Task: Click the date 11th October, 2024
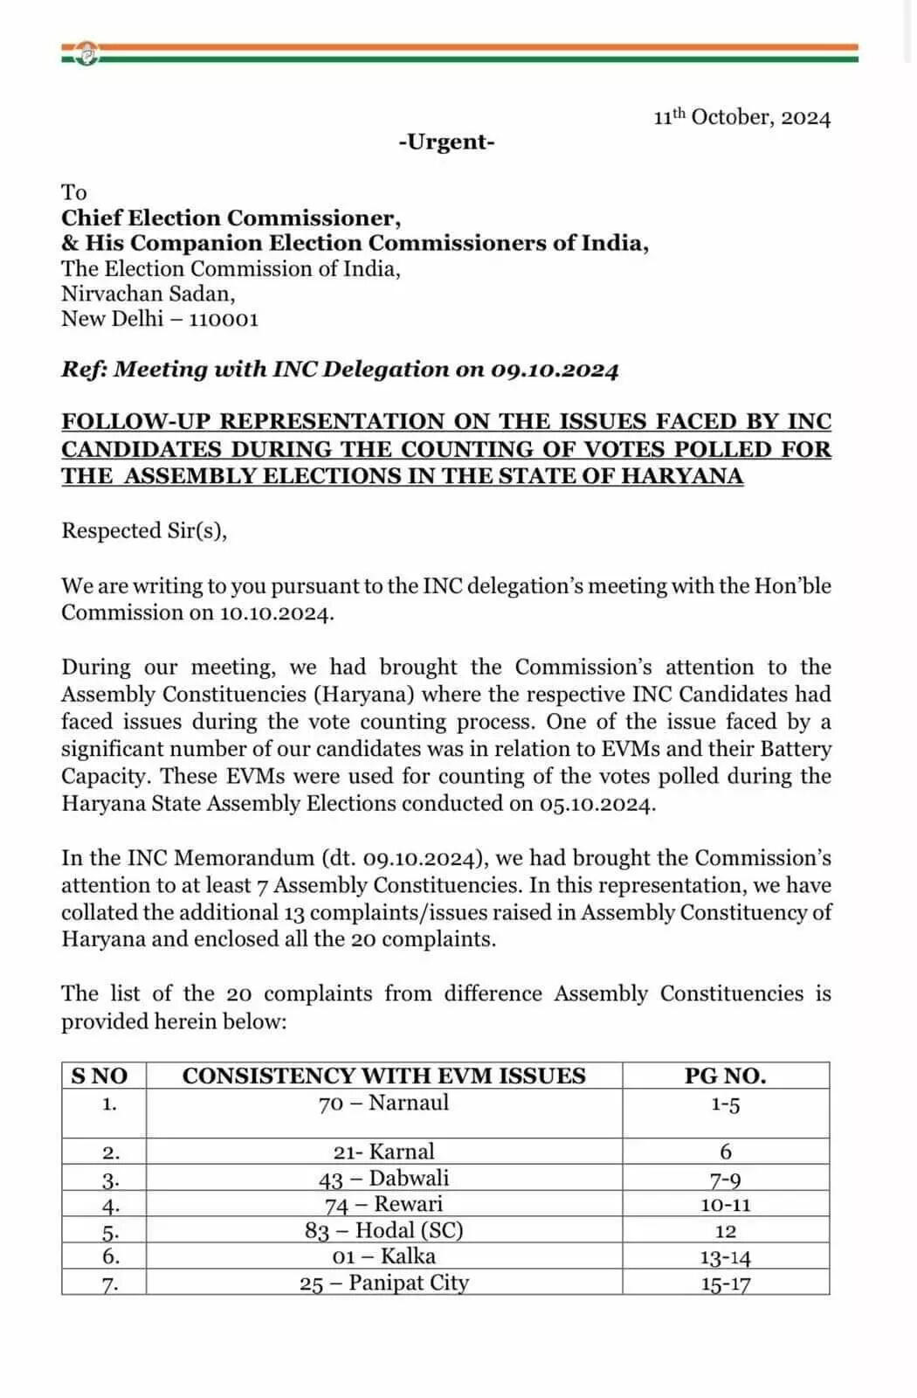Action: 742,118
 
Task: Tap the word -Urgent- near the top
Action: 446,142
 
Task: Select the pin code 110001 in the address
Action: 224,319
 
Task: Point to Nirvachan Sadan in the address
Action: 148,294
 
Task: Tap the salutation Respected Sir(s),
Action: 144,531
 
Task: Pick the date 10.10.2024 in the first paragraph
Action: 276,612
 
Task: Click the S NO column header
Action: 100,1076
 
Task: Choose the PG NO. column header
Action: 725,1076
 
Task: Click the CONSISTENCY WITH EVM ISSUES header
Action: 383,1076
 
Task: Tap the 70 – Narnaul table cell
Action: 383,1104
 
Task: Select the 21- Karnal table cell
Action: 383,1152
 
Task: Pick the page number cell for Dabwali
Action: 725,1180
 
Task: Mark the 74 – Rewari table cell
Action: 383,1205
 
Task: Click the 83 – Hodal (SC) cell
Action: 383,1231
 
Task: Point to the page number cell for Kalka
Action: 725,1257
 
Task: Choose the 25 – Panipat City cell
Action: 383,1283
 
